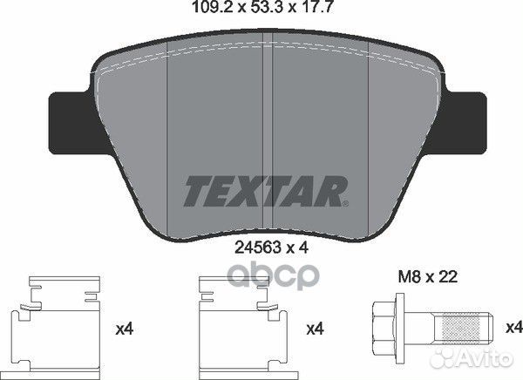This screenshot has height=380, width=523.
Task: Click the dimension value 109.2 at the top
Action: (x=211, y=7)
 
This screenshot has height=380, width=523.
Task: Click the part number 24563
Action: (x=257, y=248)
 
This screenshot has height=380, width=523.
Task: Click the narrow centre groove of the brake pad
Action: (x=268, y=133)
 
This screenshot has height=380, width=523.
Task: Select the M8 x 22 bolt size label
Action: (x=428, y=276)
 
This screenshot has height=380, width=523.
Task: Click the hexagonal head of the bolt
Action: (x=384, y=329)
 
